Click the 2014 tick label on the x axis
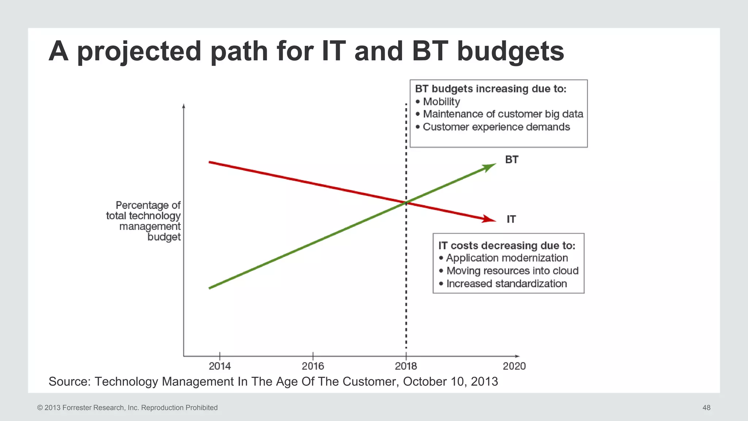[220, 366]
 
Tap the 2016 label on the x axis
[313, 366]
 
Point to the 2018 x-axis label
[406, 366]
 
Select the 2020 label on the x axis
[514, 366]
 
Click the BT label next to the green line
[511, 160]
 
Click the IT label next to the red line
[511, 219]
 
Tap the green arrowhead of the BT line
[489, 167]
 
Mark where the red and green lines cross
[406, 203]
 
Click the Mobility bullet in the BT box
[441, 102]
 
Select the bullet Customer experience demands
[496, 127]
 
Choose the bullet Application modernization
[507, 258]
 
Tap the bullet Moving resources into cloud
[512, 271]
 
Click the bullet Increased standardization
[506, 284]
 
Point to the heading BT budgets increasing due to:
[491, 89]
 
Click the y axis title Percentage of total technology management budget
[146, 221]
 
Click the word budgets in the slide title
[510, 51]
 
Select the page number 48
[706, 407]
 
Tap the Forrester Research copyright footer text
[127, 407]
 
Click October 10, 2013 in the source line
[450, 382]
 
